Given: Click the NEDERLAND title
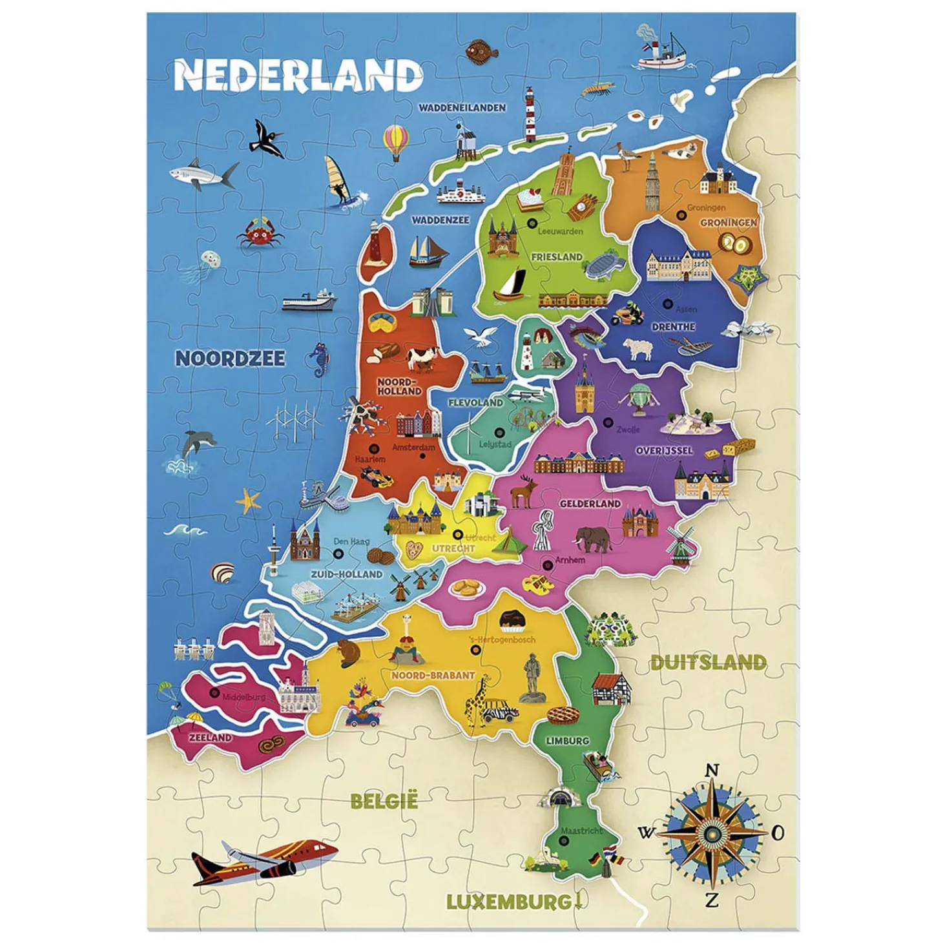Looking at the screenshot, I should [298, 76].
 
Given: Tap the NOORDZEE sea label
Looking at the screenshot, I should [230, 358].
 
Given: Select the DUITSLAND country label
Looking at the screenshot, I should [708, 662].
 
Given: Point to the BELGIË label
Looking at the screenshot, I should [384, 801].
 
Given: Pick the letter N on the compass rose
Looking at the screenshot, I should [712, 771].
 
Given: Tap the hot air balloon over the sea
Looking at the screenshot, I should [395, 141].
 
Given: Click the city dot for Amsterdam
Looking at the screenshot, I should [422, 456].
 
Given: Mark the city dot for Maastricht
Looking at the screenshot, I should [563, 841].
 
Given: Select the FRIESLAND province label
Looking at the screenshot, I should [556, 256].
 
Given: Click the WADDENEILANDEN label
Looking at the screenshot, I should [462, 108].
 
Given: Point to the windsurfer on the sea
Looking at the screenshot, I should [338, 181].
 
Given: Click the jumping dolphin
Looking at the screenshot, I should [194, 446].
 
